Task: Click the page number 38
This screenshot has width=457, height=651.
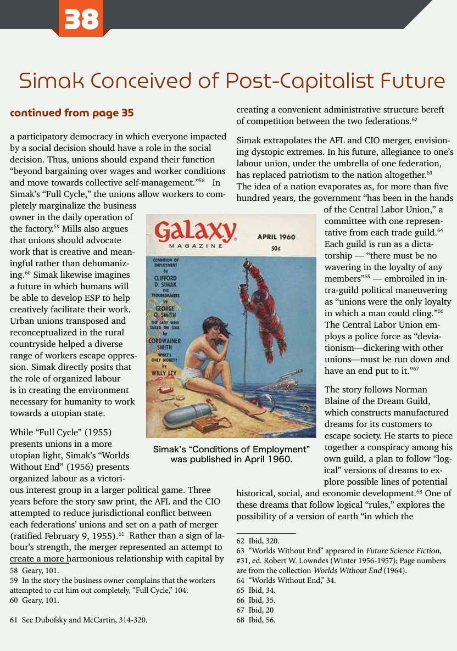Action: point(81,19)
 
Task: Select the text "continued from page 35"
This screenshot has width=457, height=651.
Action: point(71,114)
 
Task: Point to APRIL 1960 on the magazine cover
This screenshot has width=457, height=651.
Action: point(276,237)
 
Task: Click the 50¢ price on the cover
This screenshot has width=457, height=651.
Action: point(276,249)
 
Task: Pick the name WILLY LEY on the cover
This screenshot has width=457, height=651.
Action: point(163,374)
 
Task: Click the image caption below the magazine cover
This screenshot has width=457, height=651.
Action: point(231,454)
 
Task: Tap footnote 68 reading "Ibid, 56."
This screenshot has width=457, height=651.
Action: point(256,620)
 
